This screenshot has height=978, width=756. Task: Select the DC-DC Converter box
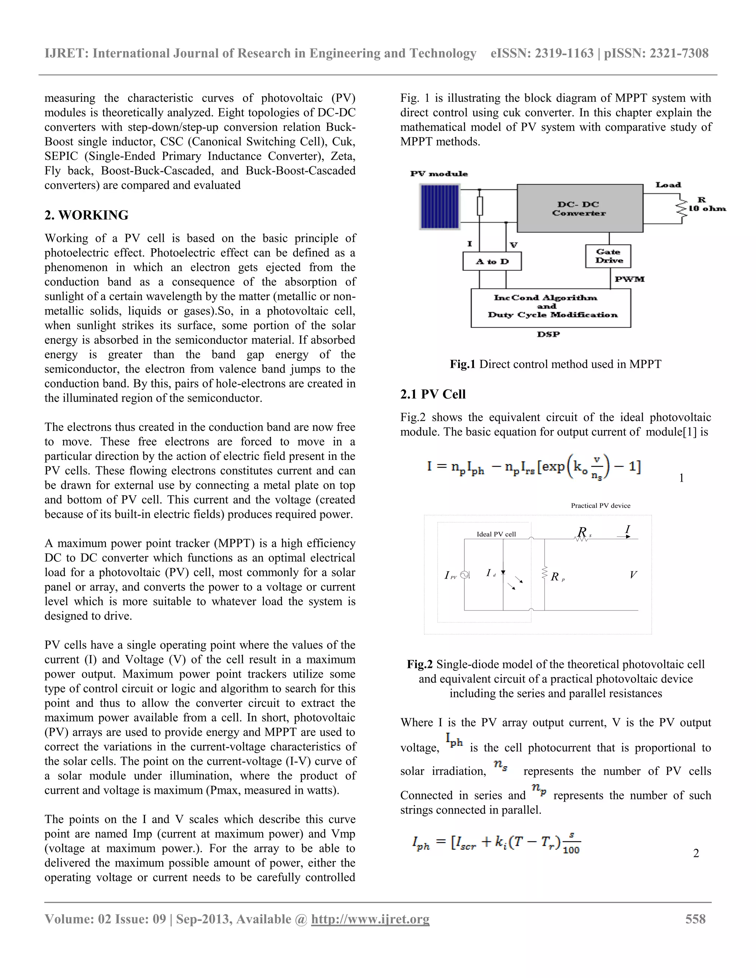(580, 208)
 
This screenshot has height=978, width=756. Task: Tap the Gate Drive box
(608, 256)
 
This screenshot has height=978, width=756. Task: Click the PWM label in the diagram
(629, 279)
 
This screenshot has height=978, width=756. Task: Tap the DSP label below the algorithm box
(548, 334)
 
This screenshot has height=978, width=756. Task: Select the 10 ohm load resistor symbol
(682, 208)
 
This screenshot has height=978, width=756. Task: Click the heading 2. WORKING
(86, 216)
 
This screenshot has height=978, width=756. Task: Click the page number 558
(695, 919)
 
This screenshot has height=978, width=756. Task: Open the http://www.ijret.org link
(370, 919)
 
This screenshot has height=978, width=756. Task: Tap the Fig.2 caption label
(420, 664)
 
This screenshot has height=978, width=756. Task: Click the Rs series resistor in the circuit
(581, 539)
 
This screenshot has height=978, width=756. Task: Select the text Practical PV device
(600, 506)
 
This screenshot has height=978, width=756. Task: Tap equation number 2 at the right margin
(695, 854)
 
